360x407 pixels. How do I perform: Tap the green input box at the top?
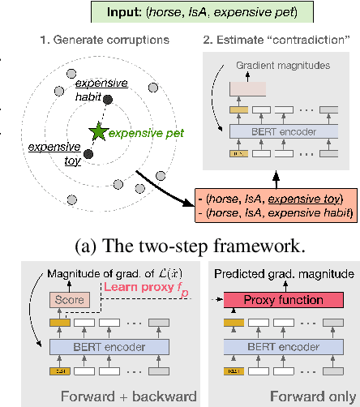click(179, 13)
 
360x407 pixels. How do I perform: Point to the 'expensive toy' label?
click(49, 153)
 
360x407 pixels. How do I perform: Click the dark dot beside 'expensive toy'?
click(88, 153)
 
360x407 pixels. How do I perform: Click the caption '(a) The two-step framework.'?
click(179, 241)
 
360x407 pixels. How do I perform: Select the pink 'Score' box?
click(69, 298)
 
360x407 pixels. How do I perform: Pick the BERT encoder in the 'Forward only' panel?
click(281, 348)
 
